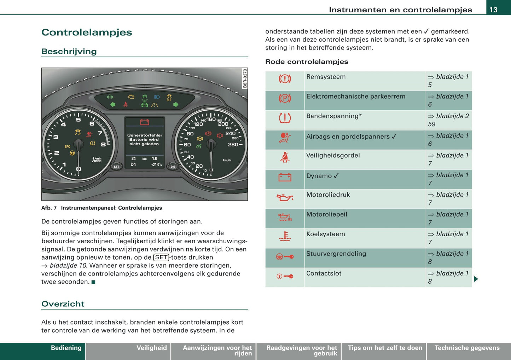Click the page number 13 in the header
point(493,10)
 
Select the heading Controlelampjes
point(87,32)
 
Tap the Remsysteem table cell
point(365,81)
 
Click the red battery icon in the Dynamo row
point(285,177)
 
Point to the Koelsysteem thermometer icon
point(285,236)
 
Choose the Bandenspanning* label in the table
point(334,116)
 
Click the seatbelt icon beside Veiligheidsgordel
point(285,158)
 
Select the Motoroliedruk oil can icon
point(285,197)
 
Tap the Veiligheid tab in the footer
point(151,348)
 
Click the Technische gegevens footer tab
point(467,348)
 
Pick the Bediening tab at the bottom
point(66,348)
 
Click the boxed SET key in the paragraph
point(161,257)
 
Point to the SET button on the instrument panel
point(116,167)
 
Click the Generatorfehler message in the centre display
point(144,139)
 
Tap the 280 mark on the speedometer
point(233,145)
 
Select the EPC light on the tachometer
point(67,146)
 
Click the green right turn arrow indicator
point(176,105)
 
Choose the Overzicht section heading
point(63,304)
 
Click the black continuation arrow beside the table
point(476,279)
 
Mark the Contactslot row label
point(324,273)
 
